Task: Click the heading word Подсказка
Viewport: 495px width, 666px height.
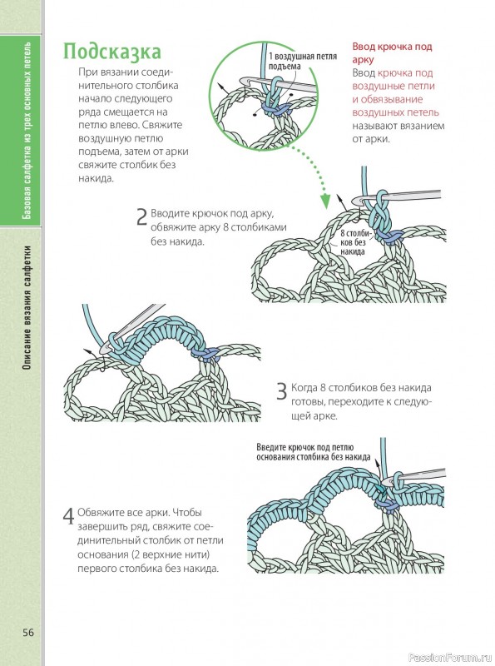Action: pyautogui.click(x=112, y=52)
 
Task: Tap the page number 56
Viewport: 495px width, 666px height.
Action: pyautogui.click(x=28, y=633)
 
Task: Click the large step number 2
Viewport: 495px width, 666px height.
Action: pyautogui.click(x=141, y=217)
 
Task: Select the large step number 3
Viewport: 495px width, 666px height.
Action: pyautogui.click(x=281, y=391)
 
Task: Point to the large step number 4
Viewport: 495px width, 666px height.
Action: pyautogui.click(x=69, y=517)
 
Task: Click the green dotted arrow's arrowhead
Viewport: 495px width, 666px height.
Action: pyautogui.click(x=325, y=201)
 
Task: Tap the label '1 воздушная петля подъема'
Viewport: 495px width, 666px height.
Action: pyautogui.click(x=303, y=61)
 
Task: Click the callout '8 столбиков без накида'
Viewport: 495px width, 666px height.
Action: pyautogui.click(x=354, y=242)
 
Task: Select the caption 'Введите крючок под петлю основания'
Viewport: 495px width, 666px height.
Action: pyautogui.click(x=314, y=452)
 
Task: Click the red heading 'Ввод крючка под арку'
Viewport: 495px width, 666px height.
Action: pyautogui.click(x=392, y=53)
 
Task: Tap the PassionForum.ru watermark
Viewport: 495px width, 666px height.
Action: pyautogui.click(x=449, y=658)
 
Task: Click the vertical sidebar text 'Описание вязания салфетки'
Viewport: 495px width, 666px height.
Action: pyautogui.click(x=27, y=307)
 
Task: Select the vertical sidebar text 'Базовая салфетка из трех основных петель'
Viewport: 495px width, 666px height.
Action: pyautogui.click(x=27, y=131)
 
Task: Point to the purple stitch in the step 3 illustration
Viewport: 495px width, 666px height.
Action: pyautogui.click(x=205, y=354)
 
